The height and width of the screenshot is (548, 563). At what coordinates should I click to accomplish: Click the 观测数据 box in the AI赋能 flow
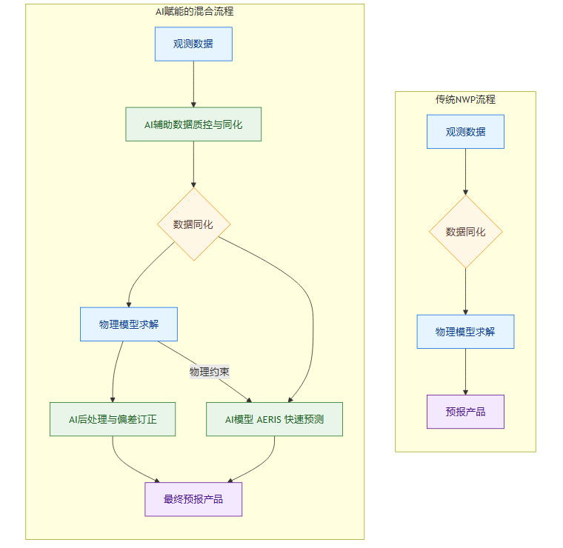(193, 44)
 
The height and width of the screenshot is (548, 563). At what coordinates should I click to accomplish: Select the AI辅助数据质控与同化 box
(193, 124)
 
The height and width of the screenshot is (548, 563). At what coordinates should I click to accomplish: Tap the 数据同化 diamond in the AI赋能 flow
(193, 224)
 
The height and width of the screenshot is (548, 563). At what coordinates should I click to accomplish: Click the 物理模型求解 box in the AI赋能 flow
(129, 324)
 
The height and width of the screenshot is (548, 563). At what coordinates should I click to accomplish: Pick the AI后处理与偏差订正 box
(113, 419)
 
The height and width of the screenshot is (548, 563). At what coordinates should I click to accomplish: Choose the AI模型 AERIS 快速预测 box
(274, 419)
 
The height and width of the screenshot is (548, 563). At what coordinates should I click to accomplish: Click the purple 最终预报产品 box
(193, 499)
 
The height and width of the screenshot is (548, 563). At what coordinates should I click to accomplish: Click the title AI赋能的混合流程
(193, 11)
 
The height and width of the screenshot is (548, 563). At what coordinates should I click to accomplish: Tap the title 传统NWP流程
(465, 99)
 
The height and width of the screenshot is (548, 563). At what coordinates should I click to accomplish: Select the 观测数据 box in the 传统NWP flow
(465, 132)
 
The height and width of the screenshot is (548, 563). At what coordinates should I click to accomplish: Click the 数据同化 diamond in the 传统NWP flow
(465, 232)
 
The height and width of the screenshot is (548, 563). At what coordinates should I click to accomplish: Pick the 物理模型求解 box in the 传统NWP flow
(465, 332)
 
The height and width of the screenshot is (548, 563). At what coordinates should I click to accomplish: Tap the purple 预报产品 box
(465, 412)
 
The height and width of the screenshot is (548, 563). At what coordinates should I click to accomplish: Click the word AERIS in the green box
(268, 419)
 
